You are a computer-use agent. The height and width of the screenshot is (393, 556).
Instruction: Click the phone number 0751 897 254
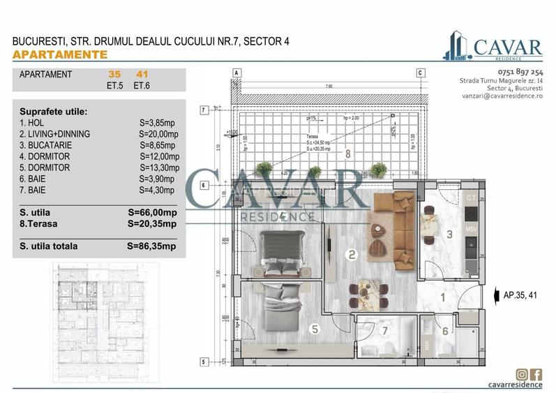coord(501,72)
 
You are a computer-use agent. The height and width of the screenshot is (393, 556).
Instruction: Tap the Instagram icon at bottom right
coord(521,374)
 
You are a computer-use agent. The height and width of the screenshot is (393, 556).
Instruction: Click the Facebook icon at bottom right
coord(536,374)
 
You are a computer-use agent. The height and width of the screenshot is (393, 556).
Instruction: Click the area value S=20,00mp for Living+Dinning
coord(158,134)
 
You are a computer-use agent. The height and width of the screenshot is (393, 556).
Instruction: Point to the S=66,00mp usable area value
coord(152,212)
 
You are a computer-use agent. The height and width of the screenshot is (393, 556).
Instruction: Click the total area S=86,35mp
coord(151,246)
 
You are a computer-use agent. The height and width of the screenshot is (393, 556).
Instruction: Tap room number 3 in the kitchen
coord(450,235)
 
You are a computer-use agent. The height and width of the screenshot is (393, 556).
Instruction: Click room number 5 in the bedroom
coord(314,329)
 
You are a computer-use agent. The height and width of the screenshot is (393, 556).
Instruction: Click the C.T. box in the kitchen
coord(471,199)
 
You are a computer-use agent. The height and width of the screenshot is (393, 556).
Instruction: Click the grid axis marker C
coord(421,73)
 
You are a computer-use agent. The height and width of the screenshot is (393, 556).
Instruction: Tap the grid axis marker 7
coord(203,110)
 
